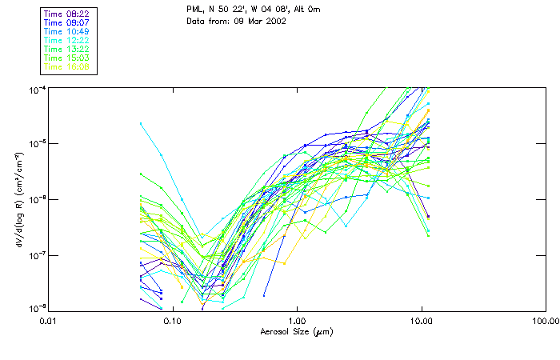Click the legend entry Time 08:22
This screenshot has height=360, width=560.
67,14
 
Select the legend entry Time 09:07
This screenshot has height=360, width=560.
67,22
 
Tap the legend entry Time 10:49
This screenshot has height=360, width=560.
67,31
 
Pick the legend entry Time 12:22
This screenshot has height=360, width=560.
67,40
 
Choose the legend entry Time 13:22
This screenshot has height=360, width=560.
67,49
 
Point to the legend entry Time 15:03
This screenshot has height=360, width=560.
67,58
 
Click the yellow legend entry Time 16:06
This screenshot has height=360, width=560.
67,66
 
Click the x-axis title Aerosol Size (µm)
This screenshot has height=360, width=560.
296,331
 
